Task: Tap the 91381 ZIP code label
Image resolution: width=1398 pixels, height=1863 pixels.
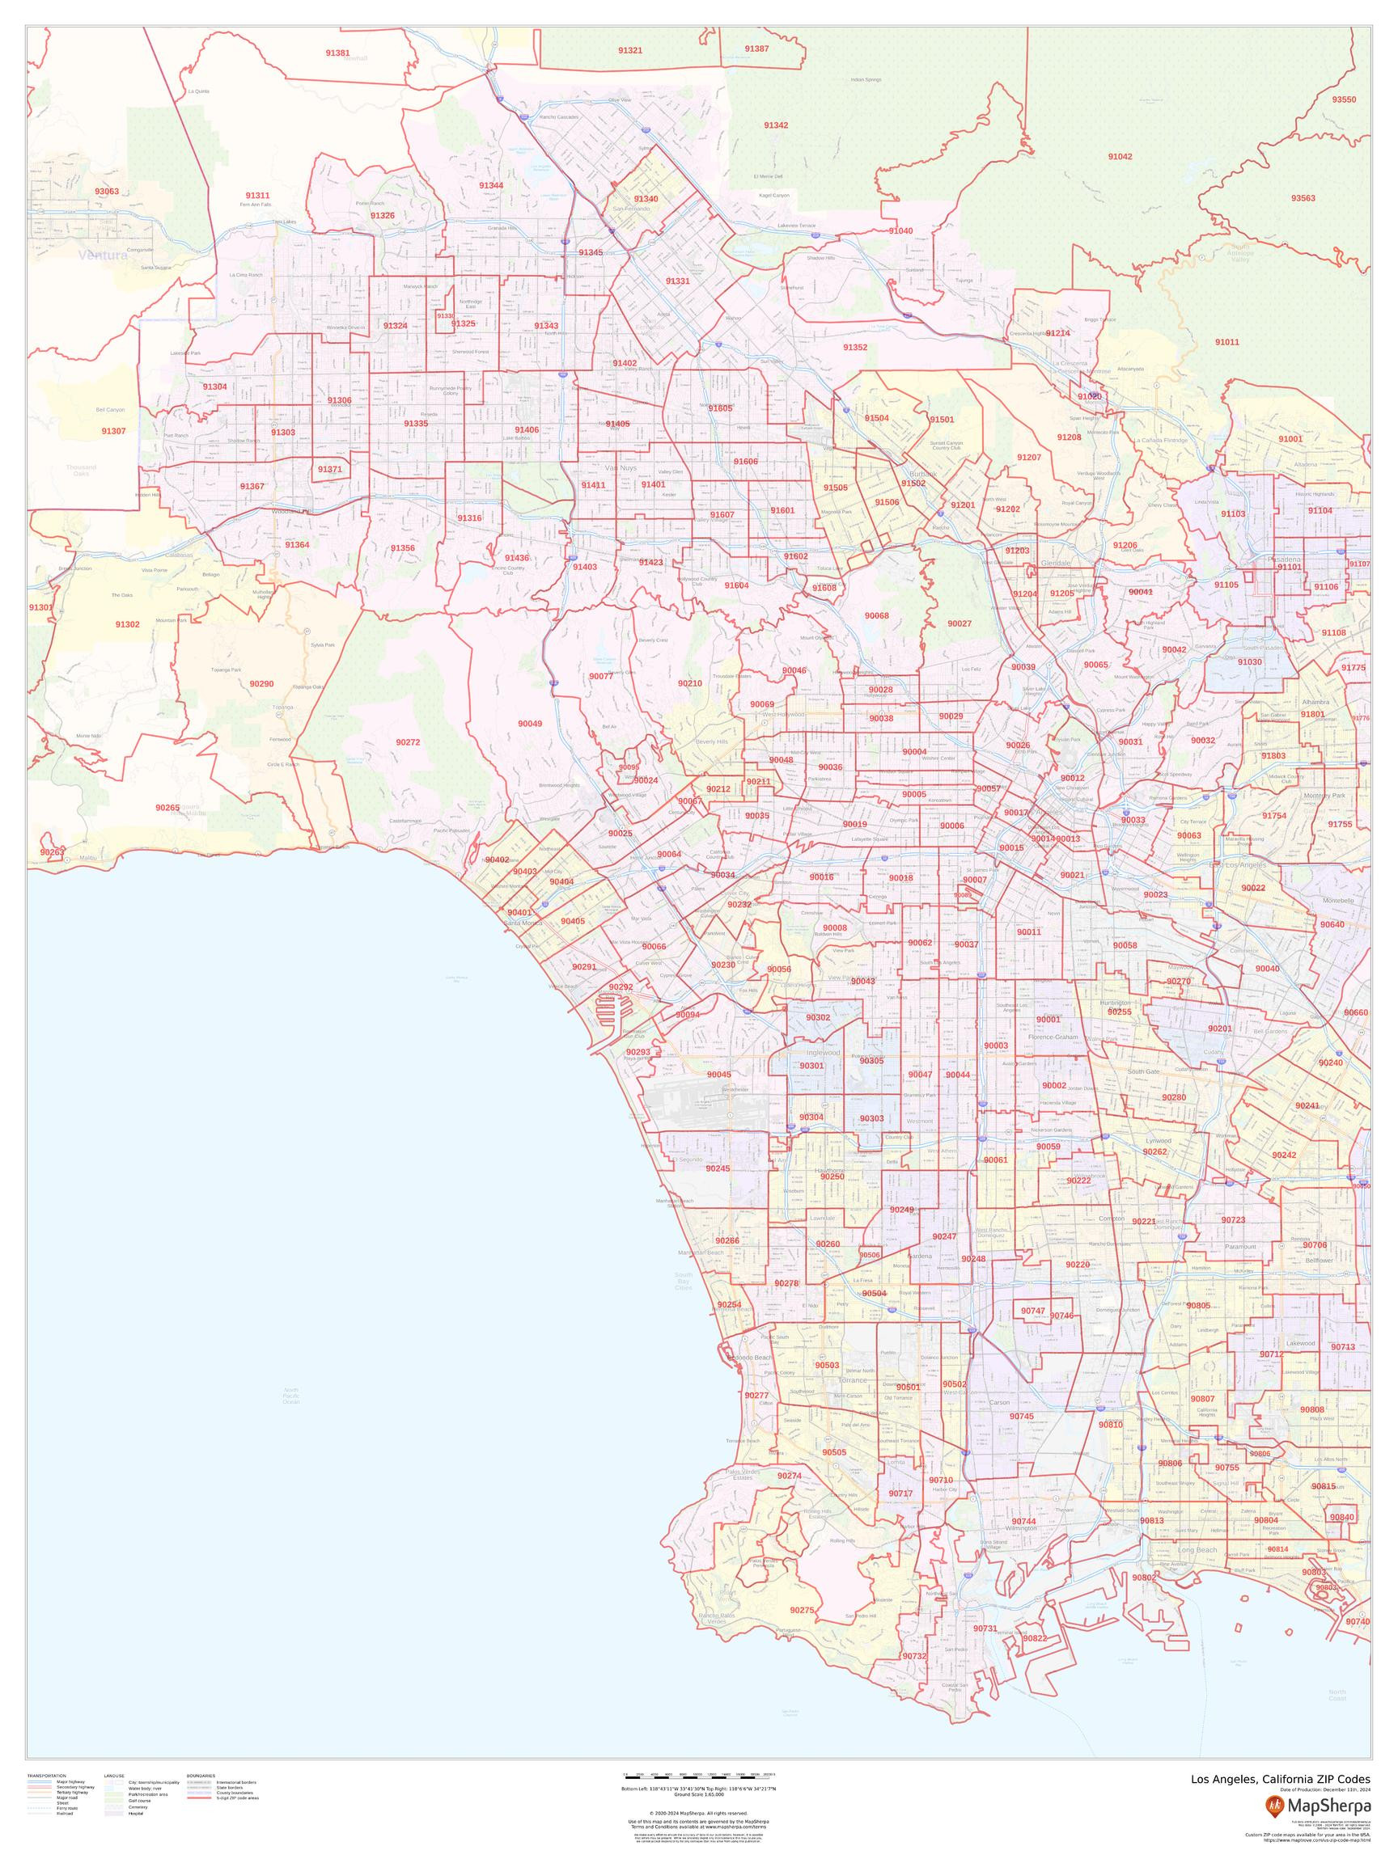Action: pyautogui.click(x=337, y=53)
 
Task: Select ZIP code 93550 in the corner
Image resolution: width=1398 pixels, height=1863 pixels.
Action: pyautogui.click(x=1344, y=99)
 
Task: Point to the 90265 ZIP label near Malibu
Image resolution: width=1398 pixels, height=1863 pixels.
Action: pyautogui.click(x=167, y=807)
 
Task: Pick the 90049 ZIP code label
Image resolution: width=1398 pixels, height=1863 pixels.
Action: pyautogui.click(x=530, y=724)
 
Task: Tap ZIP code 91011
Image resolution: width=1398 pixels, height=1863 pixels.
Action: pyautogui.click(x=1227, y=342)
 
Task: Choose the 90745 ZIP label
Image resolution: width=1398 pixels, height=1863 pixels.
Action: pyautogui.click(x=1020, y=1416)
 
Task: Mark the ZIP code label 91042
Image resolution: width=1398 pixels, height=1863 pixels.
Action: pyautogui.click(x=1120, y=157)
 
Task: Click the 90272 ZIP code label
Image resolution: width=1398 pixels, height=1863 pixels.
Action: pyautogui.click(x=407, y=742)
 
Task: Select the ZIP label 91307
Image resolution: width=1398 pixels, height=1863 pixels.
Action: pyautogui.click(x=113, y=430)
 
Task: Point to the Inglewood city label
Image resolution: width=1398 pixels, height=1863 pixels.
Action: pyautogui.click(x=824, y=1053)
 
